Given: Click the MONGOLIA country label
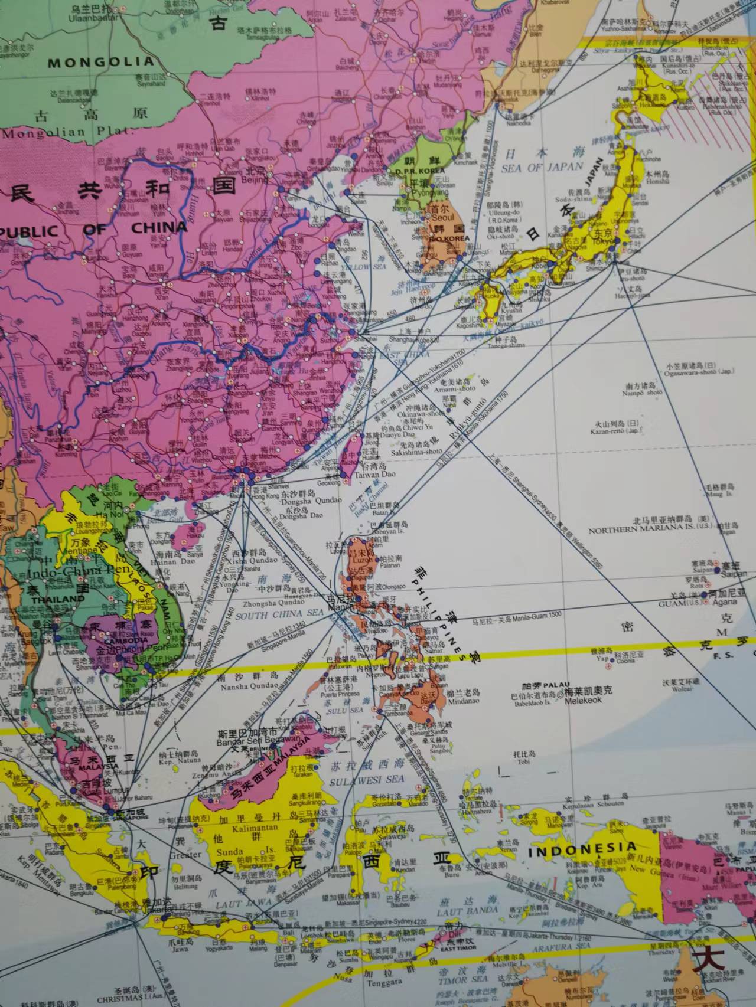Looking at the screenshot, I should pyautogui.click(x=100, y=61).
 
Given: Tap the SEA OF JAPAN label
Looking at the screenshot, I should pyautogui.click(x=542, y=167).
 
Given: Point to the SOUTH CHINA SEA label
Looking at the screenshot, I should pyautogui.click(x=279, y=614).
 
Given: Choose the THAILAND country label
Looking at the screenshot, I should pyautogui.click(x=58, y=599).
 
